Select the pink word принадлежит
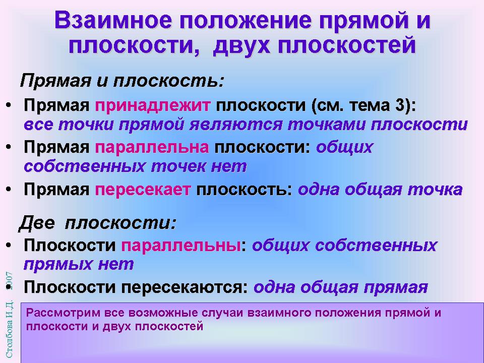153,106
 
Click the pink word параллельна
152,148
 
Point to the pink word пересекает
143,190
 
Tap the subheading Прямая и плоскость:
122,81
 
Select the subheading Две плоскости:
97,223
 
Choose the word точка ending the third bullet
435,190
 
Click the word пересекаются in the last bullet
185,287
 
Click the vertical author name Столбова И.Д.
9,329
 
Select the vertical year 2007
9,281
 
